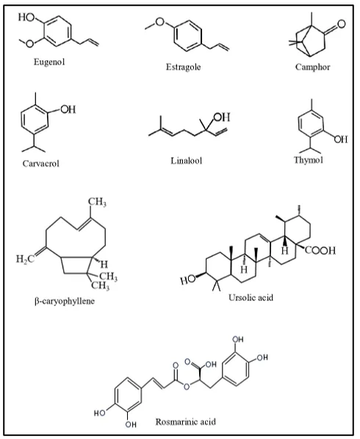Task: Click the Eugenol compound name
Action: point(49,62)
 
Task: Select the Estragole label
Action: point(183,67)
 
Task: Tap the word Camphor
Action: point(313,67)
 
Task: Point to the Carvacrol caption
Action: point(41,163)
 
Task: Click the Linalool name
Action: point(187,161)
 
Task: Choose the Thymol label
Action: point(309,160)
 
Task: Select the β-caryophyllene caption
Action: point(65,301)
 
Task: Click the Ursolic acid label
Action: point(251,297)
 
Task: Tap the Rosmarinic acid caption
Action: point(186,421)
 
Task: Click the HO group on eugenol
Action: point(26,17)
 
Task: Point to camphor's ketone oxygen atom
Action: point(341,24)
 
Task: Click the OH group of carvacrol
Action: point(68,109)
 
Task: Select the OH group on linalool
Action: point(222,117)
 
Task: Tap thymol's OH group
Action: point(341,139)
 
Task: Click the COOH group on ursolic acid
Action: point(320,250)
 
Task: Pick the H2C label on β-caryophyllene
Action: point(25,259)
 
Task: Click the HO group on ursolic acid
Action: point(187,280)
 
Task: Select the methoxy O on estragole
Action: point(159,21)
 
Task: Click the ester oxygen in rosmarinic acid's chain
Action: point(187,387)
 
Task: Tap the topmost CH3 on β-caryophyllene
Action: point(97,202)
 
